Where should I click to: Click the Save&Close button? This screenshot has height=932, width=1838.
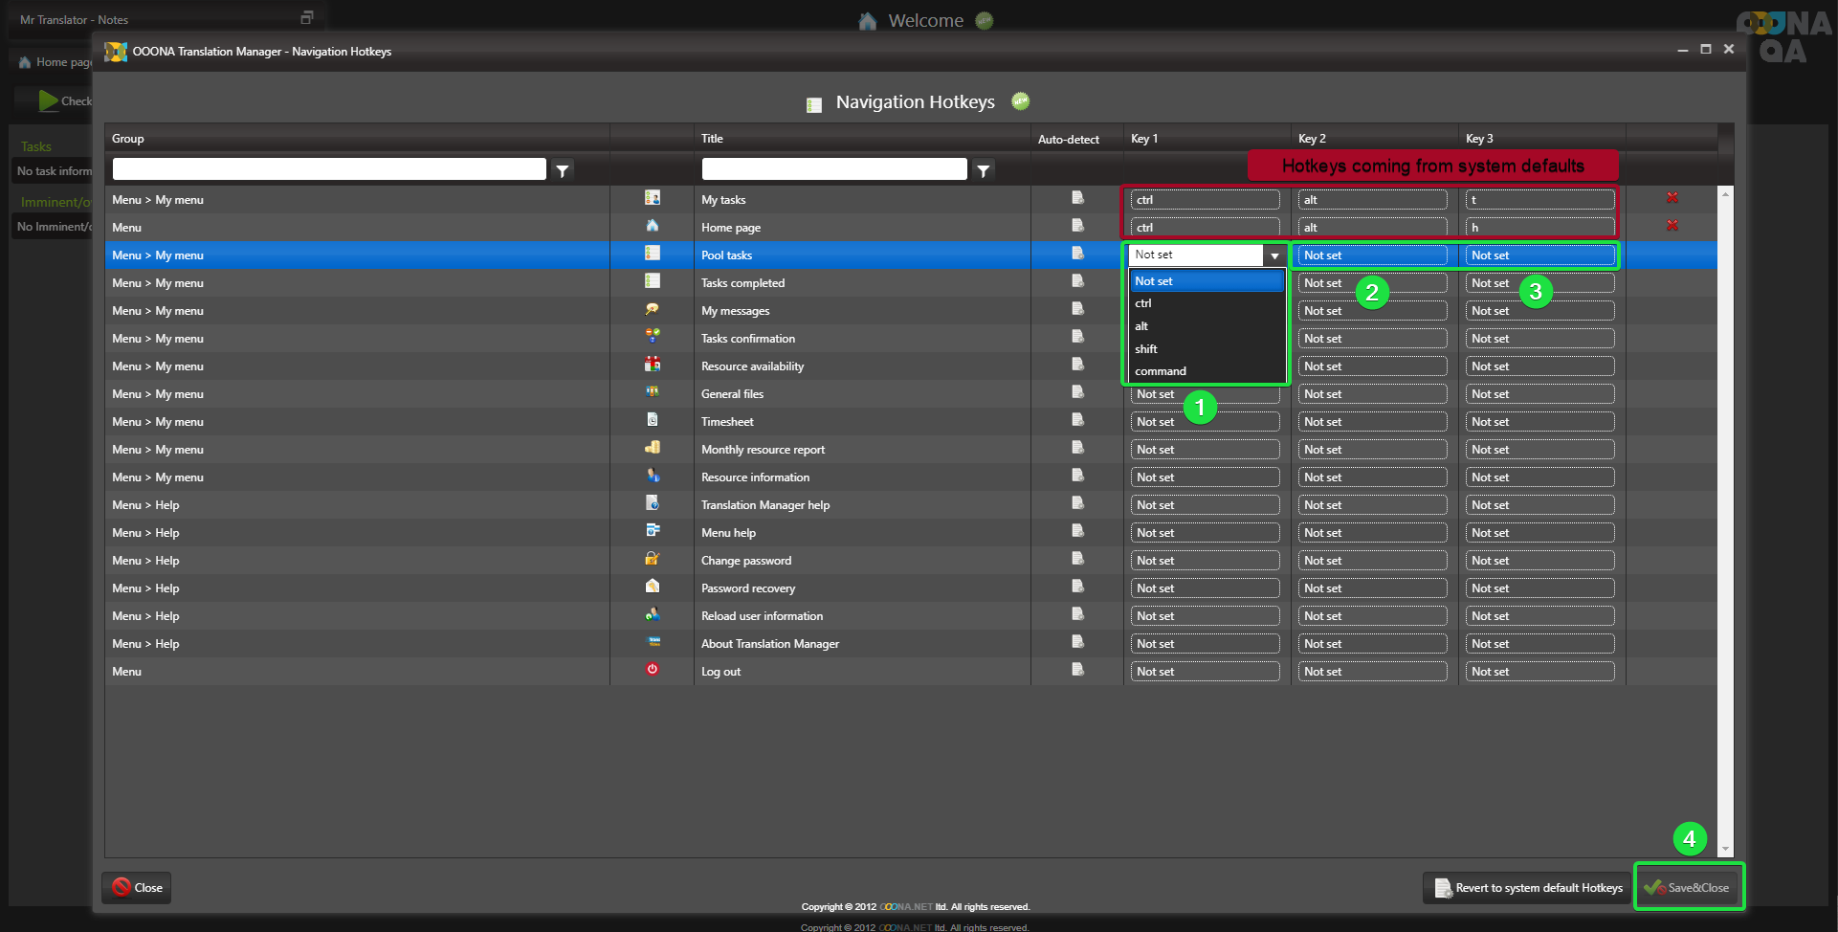click(x=1689, y=887)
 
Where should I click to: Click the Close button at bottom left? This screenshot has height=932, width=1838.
click(x=137, y=888)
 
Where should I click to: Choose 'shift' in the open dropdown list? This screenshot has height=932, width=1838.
click(x=1146, y=349)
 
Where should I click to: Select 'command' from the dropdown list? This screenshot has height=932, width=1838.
click(x=1161, y=371)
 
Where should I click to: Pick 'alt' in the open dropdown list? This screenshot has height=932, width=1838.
click(x=1141, y=326)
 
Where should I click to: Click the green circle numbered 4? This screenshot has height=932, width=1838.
click(x=1689, y=839)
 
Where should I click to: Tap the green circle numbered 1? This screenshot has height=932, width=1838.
click(x=1200, y=408)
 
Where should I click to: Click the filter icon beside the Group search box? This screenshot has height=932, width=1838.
click(x=563, y=170)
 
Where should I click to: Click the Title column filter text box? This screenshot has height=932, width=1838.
click(x=833, y=170)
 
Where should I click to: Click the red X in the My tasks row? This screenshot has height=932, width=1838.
click(x=1672, y=198)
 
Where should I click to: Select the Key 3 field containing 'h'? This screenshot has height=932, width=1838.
click(x=1539, y=228)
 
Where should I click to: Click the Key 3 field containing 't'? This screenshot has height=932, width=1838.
click(x=1539, y=200)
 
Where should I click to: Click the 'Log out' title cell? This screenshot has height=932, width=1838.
click(x=720, y=672)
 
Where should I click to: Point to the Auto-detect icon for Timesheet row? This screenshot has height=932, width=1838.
click(x=1077, y=420)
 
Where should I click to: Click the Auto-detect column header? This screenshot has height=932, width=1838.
click(x=1068, y=140)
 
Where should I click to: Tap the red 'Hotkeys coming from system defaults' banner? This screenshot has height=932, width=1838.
click(x=1432, y=166)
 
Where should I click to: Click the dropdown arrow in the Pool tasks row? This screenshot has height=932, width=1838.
click(x=1274, y=255)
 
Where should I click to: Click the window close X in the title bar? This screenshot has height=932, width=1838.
click(x=1728, y=50)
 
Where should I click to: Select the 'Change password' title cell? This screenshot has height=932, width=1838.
click(x=745, y=561)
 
